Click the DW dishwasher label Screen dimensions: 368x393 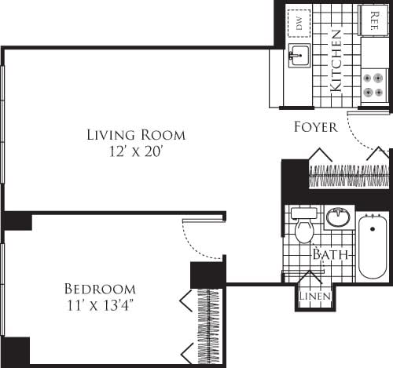298,23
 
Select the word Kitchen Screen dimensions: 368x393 336,61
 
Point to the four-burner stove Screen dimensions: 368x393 373,85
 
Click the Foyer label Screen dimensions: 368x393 315,126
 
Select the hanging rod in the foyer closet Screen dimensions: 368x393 348,176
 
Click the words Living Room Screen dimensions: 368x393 136,135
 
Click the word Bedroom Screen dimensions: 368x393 100,289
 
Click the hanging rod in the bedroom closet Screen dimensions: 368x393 210,326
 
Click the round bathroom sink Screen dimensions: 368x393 339,217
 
